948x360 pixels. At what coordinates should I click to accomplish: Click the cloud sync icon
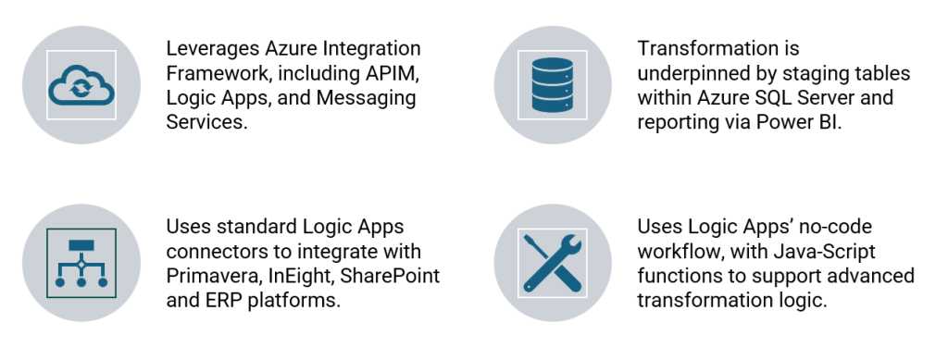81,85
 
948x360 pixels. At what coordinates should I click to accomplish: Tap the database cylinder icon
553,84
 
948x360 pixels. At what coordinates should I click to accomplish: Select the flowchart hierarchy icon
81,263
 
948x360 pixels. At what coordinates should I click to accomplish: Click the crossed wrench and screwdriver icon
553,264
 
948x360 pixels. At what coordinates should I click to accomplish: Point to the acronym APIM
392,73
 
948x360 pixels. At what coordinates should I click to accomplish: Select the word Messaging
366,98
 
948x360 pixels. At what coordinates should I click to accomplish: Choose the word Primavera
214,276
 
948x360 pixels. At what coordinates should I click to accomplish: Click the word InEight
301,276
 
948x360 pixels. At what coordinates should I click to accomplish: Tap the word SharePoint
390,276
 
